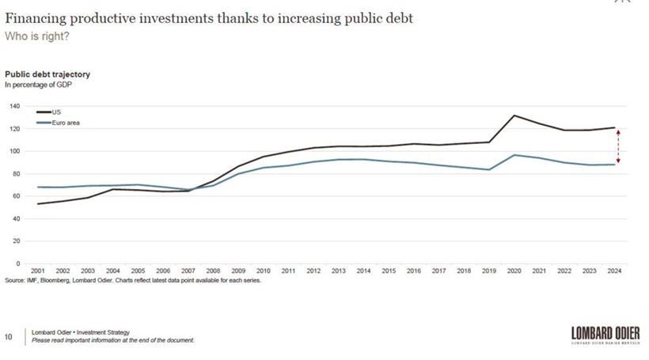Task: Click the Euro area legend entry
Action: [64, 123]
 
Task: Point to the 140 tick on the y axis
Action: [14, 106]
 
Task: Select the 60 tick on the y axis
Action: [16, 195]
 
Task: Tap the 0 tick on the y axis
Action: [17, 263]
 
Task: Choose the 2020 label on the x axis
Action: [514, 271]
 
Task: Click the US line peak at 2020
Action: [514, 116]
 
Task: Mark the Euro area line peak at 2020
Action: [514, 155]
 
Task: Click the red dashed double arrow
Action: [617, 146]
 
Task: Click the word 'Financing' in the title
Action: [34, 17]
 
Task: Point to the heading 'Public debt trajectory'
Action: [47, 74]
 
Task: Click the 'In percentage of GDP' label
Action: [39, 84]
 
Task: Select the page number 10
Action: [9, 336]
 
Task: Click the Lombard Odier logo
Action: [605, 335]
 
